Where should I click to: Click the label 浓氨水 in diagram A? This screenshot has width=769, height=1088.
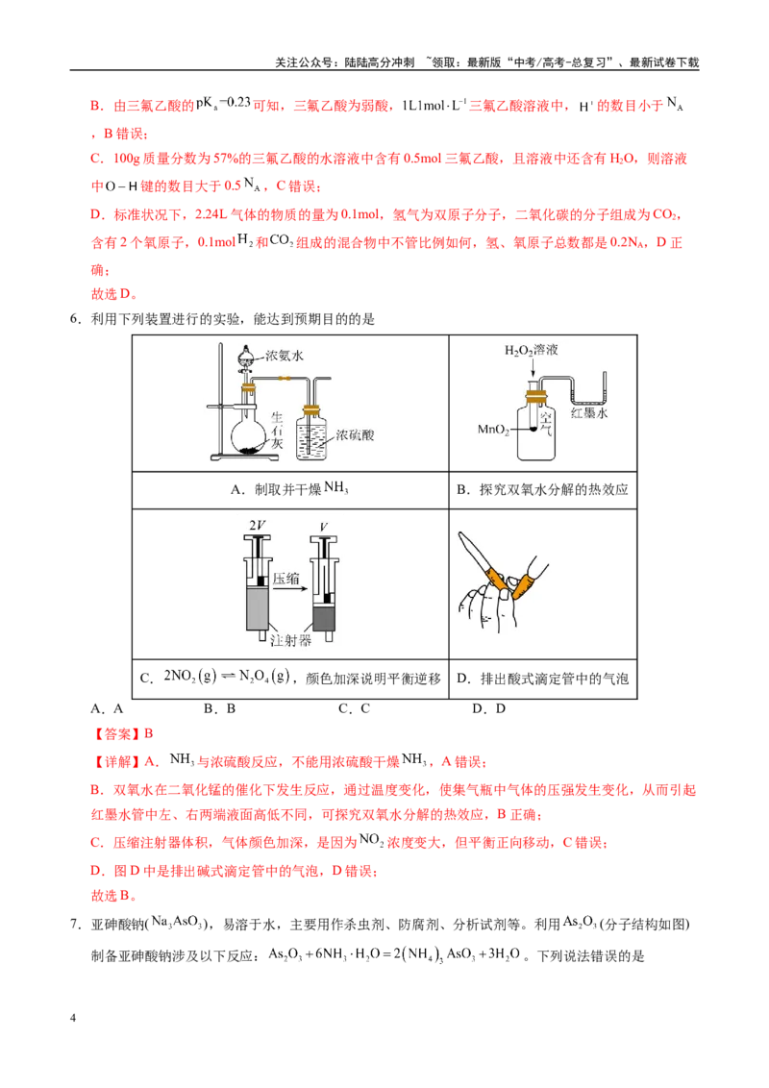(x=285, y=356)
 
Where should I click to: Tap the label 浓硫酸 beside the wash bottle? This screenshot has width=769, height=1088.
(x=355, y=435)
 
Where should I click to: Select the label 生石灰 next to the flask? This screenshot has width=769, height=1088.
(x=277, y=431)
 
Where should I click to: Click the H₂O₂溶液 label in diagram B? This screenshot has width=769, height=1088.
(x=531, y=351)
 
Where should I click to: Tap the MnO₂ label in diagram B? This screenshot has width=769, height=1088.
(x=493, y=430)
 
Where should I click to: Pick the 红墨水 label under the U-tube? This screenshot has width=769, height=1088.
(x=589, y=413)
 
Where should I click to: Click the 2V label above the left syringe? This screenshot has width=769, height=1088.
(x=258, y=526)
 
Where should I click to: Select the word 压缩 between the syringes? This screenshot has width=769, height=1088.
(x=285, y=578)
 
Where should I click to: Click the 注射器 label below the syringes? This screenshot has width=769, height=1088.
(x=290, y=640)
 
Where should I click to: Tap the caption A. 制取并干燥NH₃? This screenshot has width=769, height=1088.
(x=289, y=489)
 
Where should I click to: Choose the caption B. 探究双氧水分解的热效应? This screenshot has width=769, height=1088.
(x=542, y=490)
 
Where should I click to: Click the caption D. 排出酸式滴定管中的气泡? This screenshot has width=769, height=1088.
(x=542, y=679)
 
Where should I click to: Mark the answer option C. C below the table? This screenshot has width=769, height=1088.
(x=354, y=708)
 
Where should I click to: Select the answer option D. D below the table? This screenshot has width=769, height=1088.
(x=488, y=708)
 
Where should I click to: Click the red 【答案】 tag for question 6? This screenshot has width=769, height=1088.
(x=116, y=733)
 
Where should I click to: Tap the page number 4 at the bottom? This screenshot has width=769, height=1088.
(x=73, y=1018)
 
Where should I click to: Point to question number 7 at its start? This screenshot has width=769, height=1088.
(x=76, y=925)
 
